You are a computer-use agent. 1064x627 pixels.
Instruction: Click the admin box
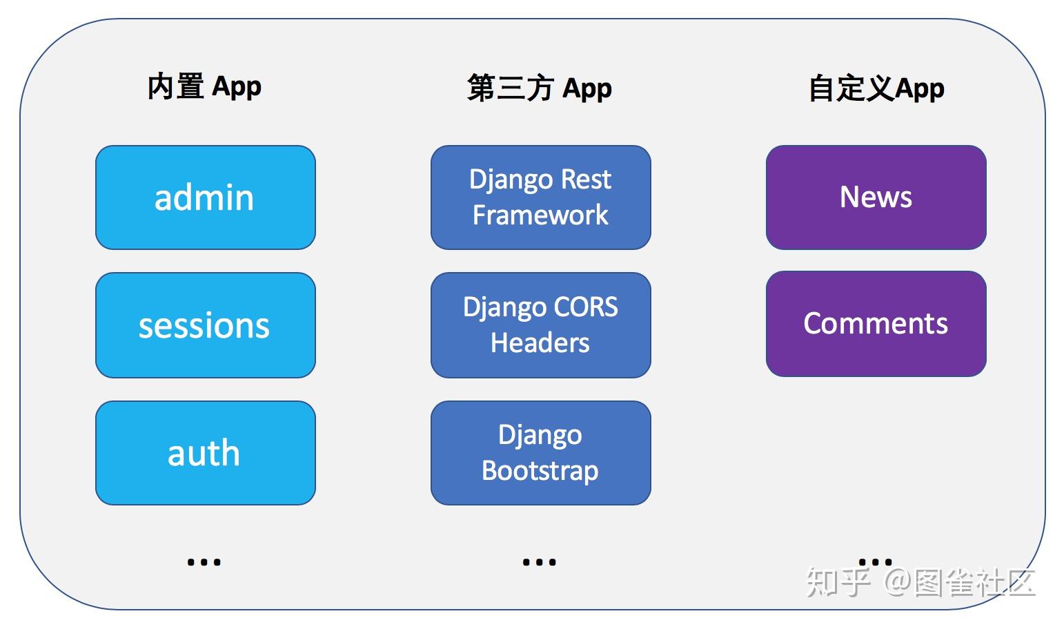pos(205,197)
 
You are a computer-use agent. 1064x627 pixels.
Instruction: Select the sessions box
pos(205,325)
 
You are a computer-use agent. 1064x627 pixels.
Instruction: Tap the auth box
pos(205,453)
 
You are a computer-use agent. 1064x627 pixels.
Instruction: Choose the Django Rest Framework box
pos(540,197)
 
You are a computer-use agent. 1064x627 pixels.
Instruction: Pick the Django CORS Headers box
pos(540,325)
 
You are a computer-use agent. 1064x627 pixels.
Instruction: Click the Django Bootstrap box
pos(540,453)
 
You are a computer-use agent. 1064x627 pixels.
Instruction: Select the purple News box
pos(876,197)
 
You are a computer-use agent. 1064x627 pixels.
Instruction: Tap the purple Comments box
pos(876,324)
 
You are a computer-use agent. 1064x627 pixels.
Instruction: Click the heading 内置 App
pos(204,87)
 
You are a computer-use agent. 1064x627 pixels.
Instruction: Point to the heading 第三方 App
pos(539,88)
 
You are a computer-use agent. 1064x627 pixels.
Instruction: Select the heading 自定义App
pos(876,88)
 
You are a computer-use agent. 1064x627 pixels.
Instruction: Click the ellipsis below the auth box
pos(204,562)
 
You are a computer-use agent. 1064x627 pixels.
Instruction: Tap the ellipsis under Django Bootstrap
pos(539,562)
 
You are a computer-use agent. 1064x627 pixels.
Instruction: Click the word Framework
pos(540,215)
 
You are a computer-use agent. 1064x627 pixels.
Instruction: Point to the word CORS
pos(586,307)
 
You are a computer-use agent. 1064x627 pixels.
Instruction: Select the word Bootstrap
pos(540,471)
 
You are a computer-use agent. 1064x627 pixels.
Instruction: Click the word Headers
pos(540,343)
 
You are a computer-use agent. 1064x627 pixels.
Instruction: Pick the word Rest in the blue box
pos(586,180)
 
